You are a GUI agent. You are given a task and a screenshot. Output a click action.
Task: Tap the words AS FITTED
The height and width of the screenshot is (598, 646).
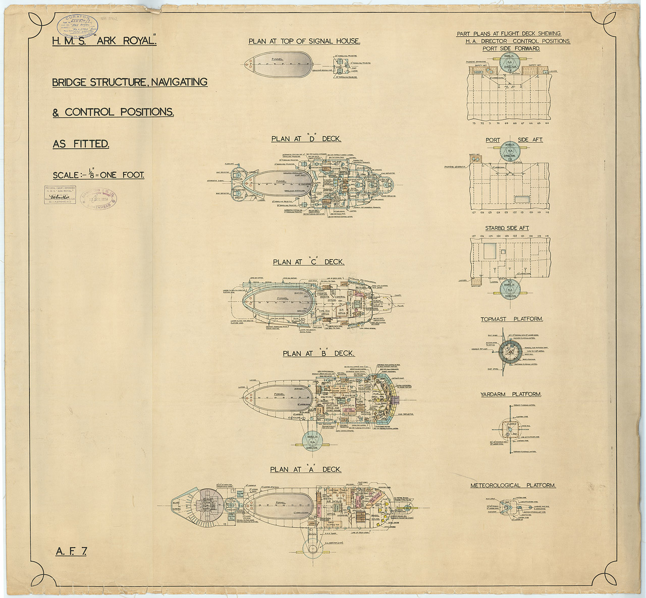[x=81, y=144]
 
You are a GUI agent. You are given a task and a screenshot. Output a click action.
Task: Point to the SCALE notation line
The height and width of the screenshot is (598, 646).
[x=98, y=175]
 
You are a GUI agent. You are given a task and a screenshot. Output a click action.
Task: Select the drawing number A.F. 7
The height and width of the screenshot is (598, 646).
[x=71, y=551]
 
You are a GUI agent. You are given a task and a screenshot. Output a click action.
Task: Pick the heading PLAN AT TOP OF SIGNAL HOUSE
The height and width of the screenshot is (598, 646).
[x=304, y=41]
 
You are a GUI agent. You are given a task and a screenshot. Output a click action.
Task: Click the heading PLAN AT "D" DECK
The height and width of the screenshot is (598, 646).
[x=306, y=139]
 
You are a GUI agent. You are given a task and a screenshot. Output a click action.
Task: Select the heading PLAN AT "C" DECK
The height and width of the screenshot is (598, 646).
[x=308, y=262]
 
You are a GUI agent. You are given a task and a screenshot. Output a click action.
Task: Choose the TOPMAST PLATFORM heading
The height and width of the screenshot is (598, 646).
[x=512, y=319]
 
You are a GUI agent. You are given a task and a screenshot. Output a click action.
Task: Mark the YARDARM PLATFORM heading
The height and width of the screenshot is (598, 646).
[x=511, y=394]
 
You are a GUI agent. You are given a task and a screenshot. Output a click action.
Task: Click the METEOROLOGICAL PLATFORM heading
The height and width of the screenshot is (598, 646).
[x=513, y=485]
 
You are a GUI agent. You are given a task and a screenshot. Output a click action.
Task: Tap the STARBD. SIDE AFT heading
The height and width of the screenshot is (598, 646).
[x=507, y=228]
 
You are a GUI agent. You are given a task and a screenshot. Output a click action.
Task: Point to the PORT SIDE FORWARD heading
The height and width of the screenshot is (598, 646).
[x=511, y=48]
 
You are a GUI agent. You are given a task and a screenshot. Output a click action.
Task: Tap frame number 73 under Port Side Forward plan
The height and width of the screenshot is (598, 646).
[x=474, y=123]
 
